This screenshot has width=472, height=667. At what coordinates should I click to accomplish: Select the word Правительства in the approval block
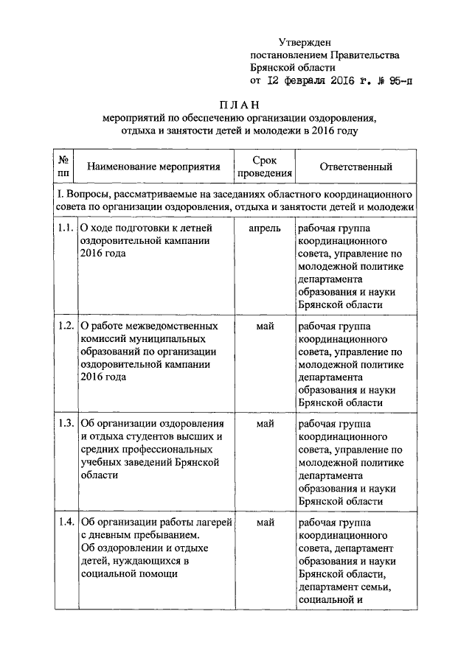coord(364,55)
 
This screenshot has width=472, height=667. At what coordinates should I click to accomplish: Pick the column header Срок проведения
coord(265,167)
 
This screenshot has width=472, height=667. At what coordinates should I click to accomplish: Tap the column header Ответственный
coord(355,167)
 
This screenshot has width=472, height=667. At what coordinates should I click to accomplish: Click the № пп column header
coord(63,167)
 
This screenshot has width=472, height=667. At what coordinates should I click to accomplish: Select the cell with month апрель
coord(265,228)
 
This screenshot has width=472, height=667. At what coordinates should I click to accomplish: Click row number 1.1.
coord(64,228)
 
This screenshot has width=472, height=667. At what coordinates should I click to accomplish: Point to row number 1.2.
coord(64,326)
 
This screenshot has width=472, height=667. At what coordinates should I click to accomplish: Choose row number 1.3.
coord(64,424)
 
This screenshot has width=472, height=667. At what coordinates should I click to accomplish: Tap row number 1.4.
coord(64,522)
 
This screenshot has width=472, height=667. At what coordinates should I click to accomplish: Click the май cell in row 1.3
coord(265,424)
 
